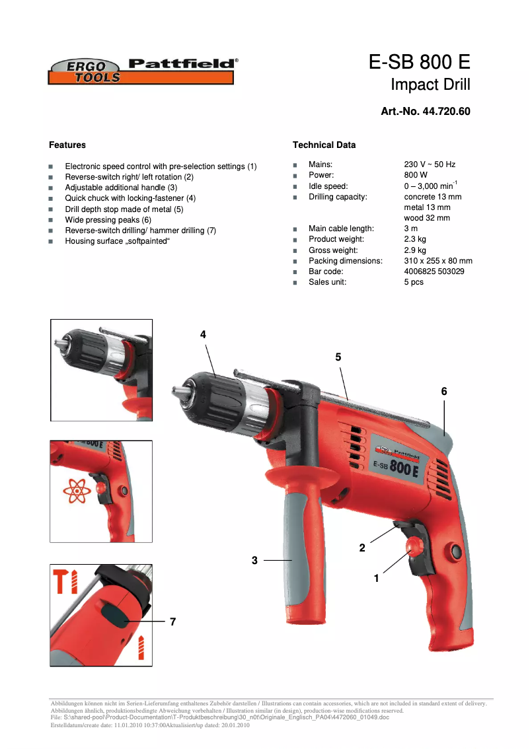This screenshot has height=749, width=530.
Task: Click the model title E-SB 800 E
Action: pyautogui.click(x=419, y=63)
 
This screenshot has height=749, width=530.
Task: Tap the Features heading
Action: pyautogui.click(x=67, y=145)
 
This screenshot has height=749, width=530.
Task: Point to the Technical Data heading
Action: pyautogui.click(x=324, y=145)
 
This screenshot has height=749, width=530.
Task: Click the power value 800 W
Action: pyautogui.click(x=416, y=175)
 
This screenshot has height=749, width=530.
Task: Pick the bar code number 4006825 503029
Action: pyautogui.click(x=434, y=271)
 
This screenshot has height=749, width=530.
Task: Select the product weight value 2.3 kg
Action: pyautogui.click(x=415, y=239)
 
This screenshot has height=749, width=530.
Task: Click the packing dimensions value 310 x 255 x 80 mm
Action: pyautogui.click(x=438, y=261)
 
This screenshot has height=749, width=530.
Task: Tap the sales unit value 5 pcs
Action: pyautogui.click(x=414, y=282)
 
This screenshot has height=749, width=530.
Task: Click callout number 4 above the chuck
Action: pyautogui.click(x=204, y=335)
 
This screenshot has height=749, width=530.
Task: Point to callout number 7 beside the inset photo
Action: pyautogui.click(x=172, y=622)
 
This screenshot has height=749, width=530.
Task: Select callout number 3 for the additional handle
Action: pyautogui.click(x=254, y=560)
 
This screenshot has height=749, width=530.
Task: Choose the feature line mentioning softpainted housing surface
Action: pyautogui.click(x=118, y=241)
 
